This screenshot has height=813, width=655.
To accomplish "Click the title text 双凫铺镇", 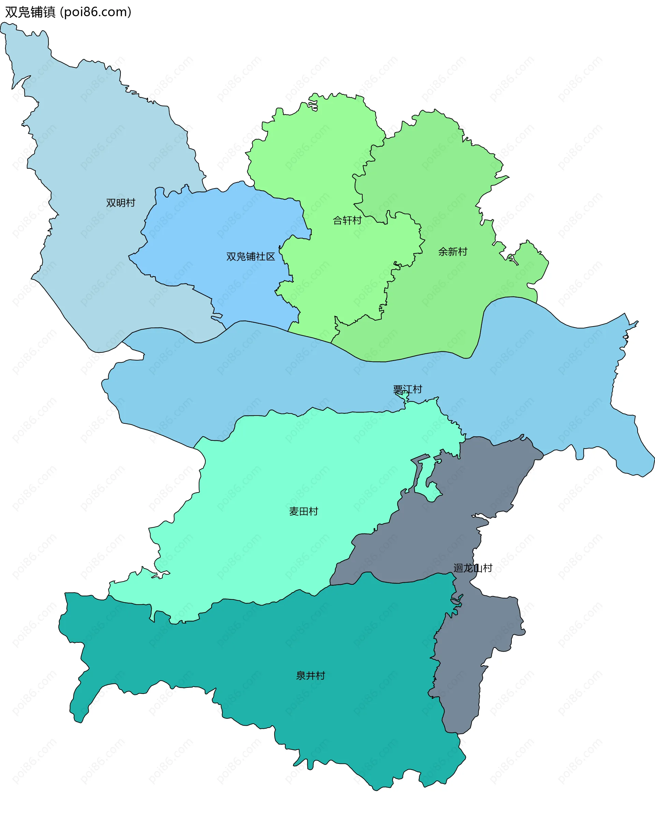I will (x=30, y=12).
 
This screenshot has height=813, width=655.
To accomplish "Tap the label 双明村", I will (x=120, y=203).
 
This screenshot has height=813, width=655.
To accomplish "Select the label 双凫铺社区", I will (x=250, y=257).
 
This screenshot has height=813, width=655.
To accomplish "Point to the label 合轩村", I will (x=347, y=220).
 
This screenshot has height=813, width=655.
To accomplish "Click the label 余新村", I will (x=452, y=252).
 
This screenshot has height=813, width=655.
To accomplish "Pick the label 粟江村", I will (x=407, y=389).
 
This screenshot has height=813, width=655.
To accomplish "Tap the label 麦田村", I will (x=303, y=511).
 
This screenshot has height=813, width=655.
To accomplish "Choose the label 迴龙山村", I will (x=473, y=568).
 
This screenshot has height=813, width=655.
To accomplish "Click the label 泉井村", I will (x=310, y=675).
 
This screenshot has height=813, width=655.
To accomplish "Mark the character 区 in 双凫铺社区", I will (x=271, y=257).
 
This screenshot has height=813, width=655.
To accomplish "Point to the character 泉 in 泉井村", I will (x=301, y=675).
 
